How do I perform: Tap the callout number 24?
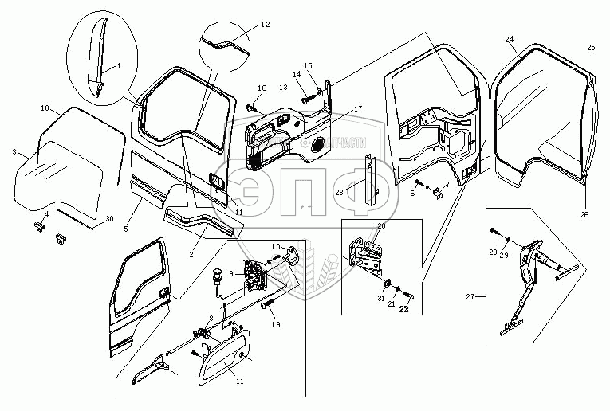pyautogui.click(x=510, y=39)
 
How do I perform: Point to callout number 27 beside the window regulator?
pyautogui.click(x=471, y=297)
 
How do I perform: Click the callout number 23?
pyautogui.click(x=338, y=192)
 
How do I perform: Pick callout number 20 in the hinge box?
pyautogui.click(x=381, y=226)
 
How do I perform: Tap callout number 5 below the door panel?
pyautogui.click(x=126, y=228)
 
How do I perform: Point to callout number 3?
pyautogui.click(x=14, y=151)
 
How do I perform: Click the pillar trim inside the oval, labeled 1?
pyautogui.click(x=96, y=60)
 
